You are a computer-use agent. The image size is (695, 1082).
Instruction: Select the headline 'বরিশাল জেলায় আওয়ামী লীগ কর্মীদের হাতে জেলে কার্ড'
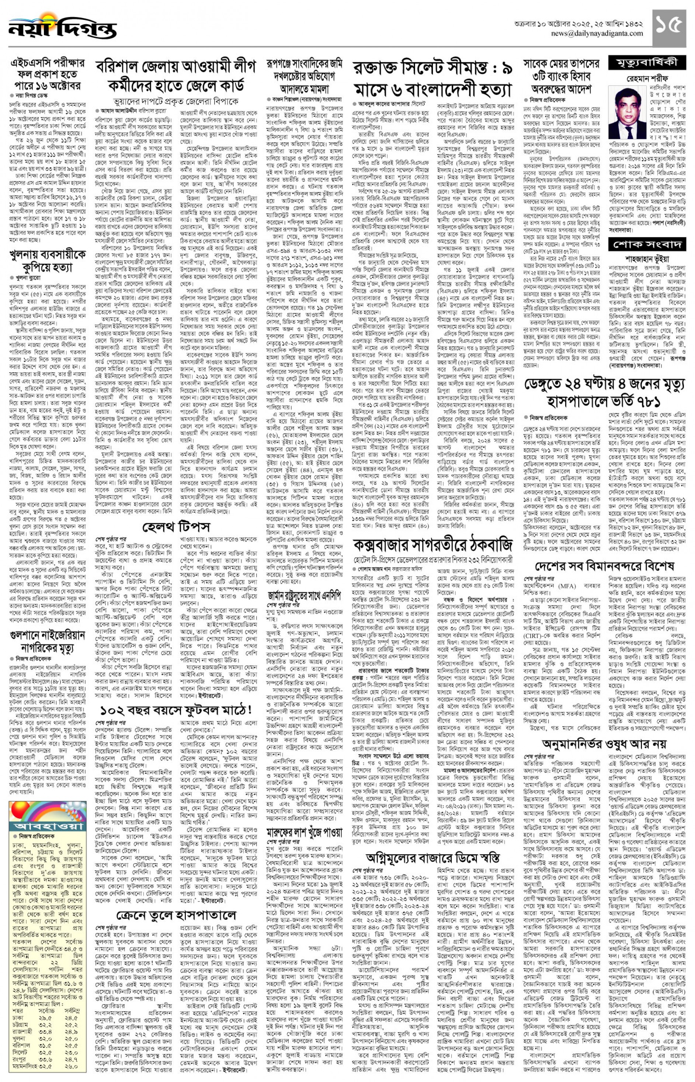pyautogui.click(x=176, y=75)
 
